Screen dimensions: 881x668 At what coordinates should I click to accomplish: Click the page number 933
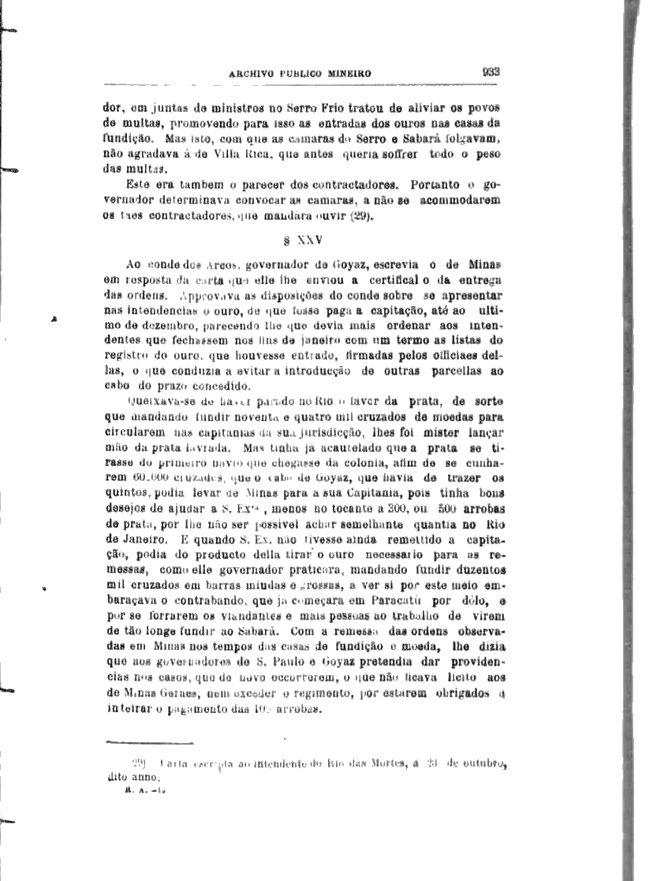492,71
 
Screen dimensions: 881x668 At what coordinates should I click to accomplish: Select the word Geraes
160,693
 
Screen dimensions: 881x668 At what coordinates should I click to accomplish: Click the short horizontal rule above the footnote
149,741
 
